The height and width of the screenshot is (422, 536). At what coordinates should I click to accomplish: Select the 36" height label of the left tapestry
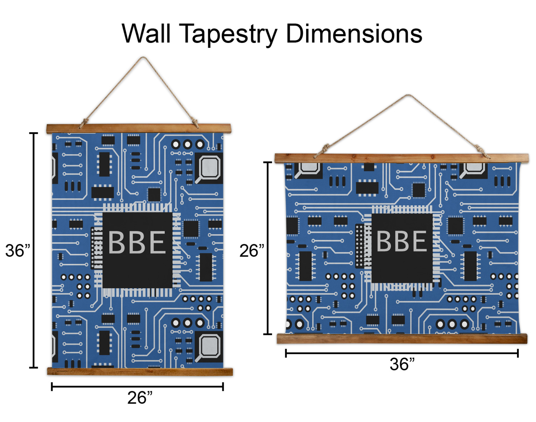click(17, 250)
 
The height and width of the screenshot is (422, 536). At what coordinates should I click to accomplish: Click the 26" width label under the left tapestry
click(140, 397)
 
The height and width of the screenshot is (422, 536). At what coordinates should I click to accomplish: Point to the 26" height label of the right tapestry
click(252, 251)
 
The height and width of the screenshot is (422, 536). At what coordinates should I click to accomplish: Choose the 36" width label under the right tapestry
click(402, 364)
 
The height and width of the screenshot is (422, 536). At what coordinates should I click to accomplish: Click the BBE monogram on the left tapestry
click(137, 242)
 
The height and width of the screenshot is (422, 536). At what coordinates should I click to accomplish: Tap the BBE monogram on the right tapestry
click(402, 241)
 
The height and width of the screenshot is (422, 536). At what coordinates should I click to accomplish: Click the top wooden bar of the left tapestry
click(139, 128)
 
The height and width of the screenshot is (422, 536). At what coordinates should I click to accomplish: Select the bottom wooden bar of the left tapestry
click(140, 372)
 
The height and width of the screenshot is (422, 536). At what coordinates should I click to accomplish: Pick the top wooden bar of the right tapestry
click(402, 158)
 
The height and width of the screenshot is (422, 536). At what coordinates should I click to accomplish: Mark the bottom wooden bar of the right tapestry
click(402, 339)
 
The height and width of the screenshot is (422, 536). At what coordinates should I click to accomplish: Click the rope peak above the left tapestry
click(143, 58)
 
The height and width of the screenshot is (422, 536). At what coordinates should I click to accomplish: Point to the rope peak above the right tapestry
click(408, 95)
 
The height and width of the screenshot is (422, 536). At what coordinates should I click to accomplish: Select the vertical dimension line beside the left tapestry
click(34, 250)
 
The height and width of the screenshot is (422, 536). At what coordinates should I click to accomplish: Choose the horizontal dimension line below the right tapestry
click(402, 353)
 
